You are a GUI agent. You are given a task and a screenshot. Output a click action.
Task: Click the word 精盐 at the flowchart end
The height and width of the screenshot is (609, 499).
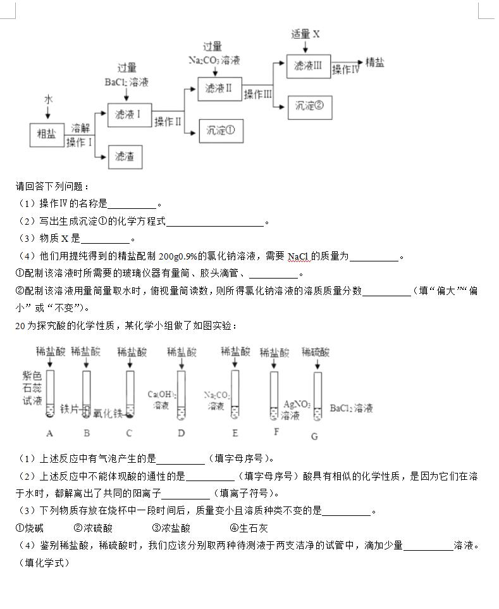[375, 62]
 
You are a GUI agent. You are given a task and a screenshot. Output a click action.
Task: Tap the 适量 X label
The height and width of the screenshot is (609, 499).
[305, 34]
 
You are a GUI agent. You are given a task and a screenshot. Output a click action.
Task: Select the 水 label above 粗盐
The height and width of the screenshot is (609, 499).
[48, 100]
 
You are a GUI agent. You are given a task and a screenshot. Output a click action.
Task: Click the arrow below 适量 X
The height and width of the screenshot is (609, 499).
[305, 47]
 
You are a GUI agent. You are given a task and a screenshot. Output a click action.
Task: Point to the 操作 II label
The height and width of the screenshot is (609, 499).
[168, 122]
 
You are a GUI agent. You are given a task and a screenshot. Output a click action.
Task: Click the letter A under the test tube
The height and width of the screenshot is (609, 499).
[50, 433]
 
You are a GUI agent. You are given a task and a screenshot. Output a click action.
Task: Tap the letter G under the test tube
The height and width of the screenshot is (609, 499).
[315, 436]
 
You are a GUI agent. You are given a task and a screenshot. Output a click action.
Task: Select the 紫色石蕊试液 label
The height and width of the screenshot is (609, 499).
[32, 388]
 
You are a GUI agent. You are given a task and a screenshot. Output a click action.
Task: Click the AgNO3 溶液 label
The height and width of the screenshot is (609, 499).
[297, 410]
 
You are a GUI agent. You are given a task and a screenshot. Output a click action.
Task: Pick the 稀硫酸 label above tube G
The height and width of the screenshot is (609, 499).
[316, 352]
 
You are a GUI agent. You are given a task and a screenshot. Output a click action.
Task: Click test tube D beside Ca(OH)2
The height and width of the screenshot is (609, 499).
[182, 396]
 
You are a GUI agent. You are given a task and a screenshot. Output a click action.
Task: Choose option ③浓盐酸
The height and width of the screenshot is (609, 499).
[171, 528]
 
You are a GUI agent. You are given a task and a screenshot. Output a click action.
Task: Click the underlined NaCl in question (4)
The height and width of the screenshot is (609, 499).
[298, 256]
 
